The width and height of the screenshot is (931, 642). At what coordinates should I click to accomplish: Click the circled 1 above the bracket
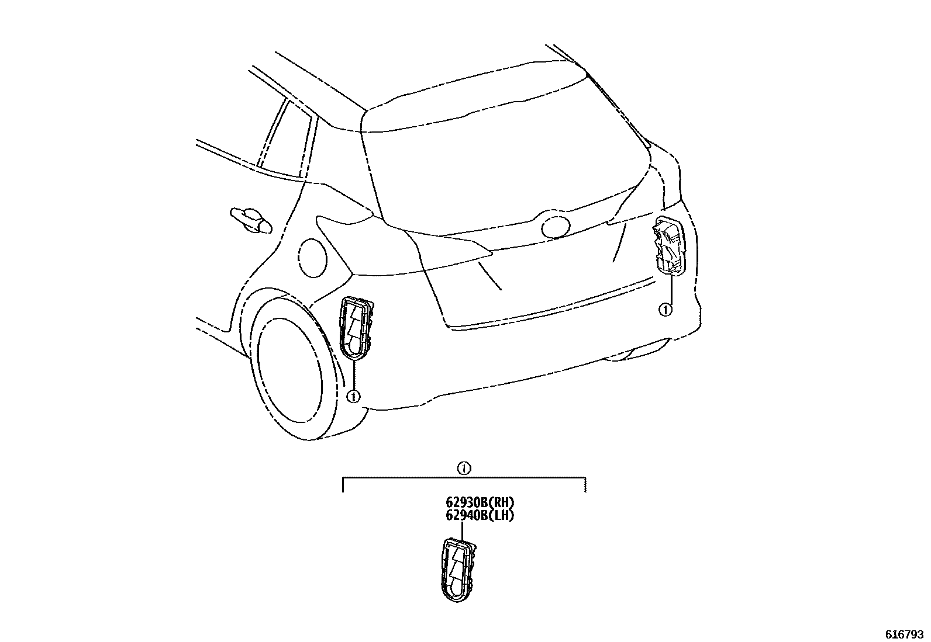(463, 468)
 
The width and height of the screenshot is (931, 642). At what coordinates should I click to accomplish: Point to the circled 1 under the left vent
(353, 396)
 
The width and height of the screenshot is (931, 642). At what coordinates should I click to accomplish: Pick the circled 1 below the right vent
(665, 310)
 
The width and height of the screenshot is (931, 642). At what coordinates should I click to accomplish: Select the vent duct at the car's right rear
(668, 244)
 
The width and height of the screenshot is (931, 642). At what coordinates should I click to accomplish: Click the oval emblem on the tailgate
(556, 227)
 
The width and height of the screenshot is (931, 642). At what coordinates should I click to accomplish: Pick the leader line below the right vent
(670, 289)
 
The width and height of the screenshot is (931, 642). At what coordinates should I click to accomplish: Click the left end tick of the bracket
(343, 485)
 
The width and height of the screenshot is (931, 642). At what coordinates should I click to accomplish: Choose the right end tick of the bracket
(586, 485)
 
